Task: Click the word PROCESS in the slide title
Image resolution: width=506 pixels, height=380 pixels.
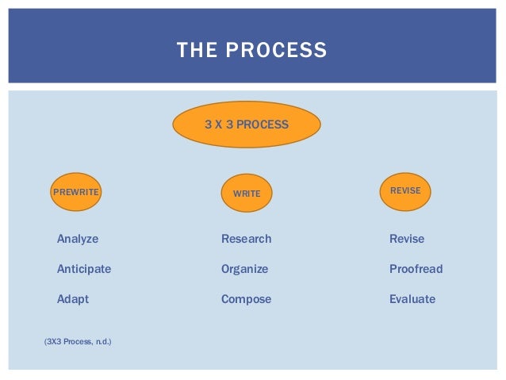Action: pyautogui.click(x=276, y=51)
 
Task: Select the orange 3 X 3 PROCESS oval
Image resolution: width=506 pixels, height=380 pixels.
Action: pyautogui.click(x=246, y=125)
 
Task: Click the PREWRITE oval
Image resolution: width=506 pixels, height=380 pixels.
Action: pyautogui.click(x=76, y=192)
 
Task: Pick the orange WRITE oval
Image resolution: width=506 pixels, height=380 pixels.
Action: pyautogui.click(x=247, y=193)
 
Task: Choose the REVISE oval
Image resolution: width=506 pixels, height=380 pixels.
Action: pyautogui.click(x=405, y=191)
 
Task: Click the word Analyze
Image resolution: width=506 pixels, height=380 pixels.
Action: pyautogui.click(x=78, y=239)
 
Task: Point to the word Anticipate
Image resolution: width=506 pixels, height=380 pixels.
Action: pyautogui.click(x=84, y=269)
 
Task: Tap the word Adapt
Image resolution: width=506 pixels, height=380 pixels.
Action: pyautogui.click(x=73, y=299)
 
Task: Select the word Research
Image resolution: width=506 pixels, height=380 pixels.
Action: pyautogui.click(x=246, y=239)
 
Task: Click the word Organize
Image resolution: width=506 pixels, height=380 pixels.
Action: pyautogui.click(x=244, y=269)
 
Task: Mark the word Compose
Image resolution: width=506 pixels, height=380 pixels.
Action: pyautogui.click(x=246, y=299)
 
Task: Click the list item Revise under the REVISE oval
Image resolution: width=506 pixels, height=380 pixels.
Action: pyautogui.click(x=407, y=239)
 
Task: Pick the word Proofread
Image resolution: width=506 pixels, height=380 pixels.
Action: pyautogui.click(x=416, y=269)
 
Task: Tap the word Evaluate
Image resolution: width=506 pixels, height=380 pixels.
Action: pyautogui.click(x=412, y=299)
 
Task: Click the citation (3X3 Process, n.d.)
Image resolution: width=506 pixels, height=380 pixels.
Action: pyautogui.click(x=78, y=342)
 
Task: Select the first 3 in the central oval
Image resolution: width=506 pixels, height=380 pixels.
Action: pyautogui.click(x=208, y=125)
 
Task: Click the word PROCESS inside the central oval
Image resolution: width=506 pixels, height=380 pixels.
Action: pyautogui.click(x=263, y=125)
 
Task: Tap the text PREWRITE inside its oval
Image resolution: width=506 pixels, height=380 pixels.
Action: pyautogui.click(x=70, y=192)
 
